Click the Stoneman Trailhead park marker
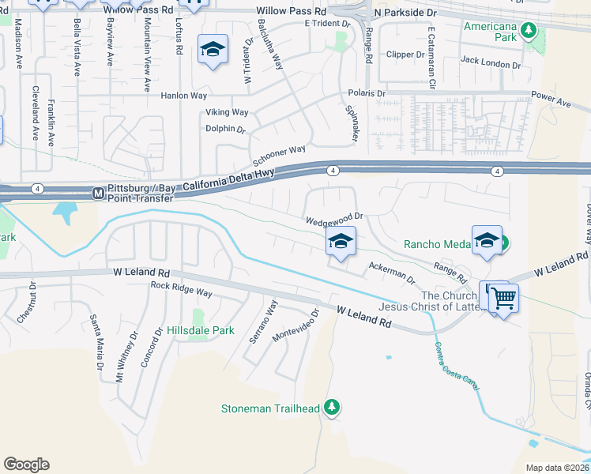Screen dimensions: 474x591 tap(333, 408)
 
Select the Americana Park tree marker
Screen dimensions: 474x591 tap(529, 31)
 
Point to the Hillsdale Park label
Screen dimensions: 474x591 tap(200, 330)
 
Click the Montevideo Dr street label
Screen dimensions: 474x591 tap(295, 325)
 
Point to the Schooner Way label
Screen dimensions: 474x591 tap(277, 151)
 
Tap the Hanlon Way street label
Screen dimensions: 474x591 tap(183, 96)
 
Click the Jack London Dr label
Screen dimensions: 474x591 tap(490, 61)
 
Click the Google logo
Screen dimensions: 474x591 tap(26, 465)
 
